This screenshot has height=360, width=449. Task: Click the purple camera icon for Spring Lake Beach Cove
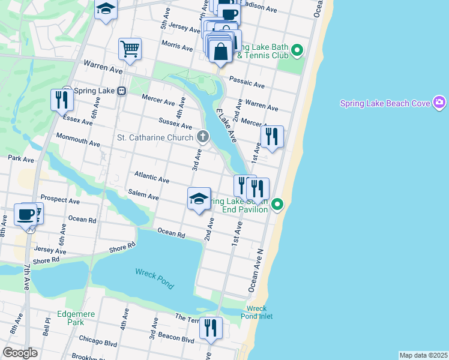pyautogui.click(x=439, y=103)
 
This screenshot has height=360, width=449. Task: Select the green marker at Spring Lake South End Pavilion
pyautogui.click(x=277, y=205)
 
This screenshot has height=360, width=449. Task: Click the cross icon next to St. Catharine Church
pyautogui.click(x=203, y=137)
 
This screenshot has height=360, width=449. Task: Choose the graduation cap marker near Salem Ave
pyautogui.click(x=199, y=199)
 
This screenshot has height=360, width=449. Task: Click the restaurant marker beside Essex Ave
pyautogui.click(x=62, y=99)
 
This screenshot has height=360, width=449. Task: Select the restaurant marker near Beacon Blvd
pyautogui.click(x=211, y=328)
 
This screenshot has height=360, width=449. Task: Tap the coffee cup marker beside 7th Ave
pyautogui.click(x=26, y=214)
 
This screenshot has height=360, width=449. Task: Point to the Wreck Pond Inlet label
pyautogui.click(x=256, y=312)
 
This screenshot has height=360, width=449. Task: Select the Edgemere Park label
pyautogui.click(x=74, y=317)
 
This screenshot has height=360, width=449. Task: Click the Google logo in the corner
pyautogui.click(x=20, y=353)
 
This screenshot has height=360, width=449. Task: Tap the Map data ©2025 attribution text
pyautogui.click(x=423, y=355)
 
